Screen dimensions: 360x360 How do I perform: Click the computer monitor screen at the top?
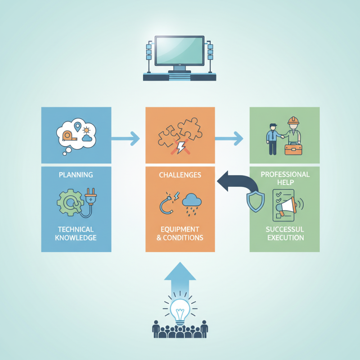point(179,51)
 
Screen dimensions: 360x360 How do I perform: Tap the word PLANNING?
point(76,175)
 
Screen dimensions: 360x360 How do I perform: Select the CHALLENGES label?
point(180,175)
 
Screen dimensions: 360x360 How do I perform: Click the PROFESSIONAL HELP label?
point(285,178)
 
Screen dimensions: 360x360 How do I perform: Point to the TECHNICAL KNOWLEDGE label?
point(76,233)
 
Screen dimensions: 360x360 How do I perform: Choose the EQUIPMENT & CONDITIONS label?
point(180,233)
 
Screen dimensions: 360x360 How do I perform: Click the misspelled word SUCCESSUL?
point(285,229)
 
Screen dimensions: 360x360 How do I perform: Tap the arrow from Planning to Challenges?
point(126,139)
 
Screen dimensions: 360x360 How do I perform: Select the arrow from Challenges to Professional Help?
point(229,139)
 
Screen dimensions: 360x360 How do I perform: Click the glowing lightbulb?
point(180,312)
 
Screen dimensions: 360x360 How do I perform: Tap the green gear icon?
point(69,202)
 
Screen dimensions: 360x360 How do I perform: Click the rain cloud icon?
point(192,204)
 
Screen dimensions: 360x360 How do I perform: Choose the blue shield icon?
point(255,201)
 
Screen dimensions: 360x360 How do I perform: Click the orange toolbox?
point(293,149)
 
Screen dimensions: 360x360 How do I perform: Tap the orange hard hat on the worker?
point(293,121)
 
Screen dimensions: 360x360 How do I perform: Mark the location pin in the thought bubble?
point(77,126)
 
